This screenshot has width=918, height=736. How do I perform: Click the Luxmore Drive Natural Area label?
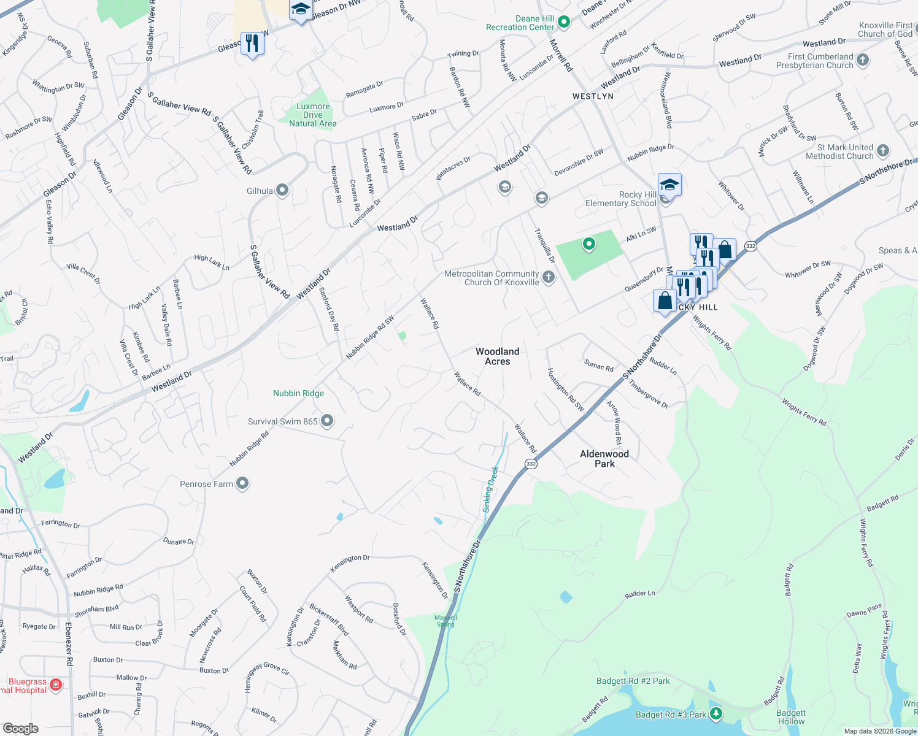[x=313, y=115]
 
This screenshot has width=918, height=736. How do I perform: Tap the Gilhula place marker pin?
[x=282, y=190]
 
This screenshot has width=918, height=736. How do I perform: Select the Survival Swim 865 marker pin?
[x=327, y=421]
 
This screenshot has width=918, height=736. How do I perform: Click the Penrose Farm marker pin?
[x=242, y=483]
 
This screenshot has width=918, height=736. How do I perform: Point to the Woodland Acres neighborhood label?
[x=498, y=356]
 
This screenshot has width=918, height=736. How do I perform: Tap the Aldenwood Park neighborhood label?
[x=604, y=459]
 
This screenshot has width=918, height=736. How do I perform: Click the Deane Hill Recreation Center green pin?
[x=564, y=22]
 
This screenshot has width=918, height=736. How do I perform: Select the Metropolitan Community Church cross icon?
[x=549, y=277]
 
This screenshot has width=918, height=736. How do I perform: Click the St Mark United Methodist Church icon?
[x=882, y=150]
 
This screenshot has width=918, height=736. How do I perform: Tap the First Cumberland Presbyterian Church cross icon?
[x=863, y=59]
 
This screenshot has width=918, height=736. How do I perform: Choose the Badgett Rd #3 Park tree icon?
[x=715, y=713]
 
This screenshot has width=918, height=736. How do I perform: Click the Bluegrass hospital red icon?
[x=56, y=684]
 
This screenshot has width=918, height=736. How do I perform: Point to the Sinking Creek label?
[x=491, y=489]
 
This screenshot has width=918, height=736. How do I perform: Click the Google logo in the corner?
[x=21, y=729]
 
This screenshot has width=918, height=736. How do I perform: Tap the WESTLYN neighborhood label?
[x=593, y=96]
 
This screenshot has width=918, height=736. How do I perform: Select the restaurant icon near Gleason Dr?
[x=252, y=43]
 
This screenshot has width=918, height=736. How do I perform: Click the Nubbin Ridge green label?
[x=298, y=393]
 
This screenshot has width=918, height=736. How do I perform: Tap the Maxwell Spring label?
[x=446, y=621]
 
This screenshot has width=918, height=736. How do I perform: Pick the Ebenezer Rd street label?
[x=69, y=645]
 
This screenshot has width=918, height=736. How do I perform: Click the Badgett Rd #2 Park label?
[x=633, y=681]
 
